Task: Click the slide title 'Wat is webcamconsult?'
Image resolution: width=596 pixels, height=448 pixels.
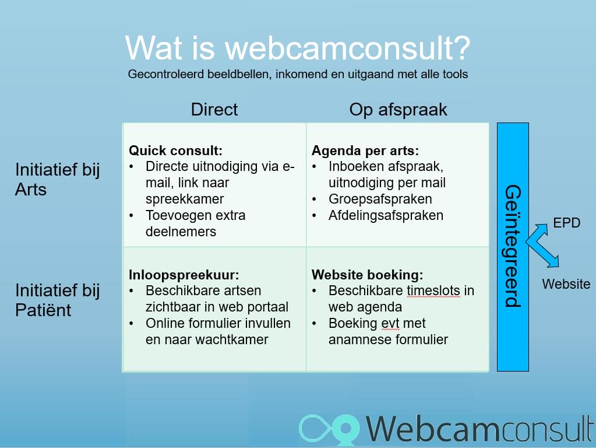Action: pos(298,48)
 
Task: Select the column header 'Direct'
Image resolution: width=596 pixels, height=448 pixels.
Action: pos(214,110)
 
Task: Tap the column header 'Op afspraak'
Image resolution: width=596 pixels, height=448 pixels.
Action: pos(398,110)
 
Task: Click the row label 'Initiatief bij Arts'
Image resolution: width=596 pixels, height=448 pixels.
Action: pos(58,179)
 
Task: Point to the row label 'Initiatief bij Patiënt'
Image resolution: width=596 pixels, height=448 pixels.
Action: pos(58,300)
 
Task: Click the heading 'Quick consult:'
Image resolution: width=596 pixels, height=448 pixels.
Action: pos(175,150)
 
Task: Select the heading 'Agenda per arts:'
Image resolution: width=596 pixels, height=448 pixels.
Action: pos(365,150)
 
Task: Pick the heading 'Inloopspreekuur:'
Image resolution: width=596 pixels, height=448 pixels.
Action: pos(184,275)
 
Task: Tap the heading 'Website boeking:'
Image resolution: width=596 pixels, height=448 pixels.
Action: pos(367,275)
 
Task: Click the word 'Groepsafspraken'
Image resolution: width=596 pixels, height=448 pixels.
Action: pos(380,199)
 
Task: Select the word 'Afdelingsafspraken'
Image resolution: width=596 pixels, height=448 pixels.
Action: pos(386,215)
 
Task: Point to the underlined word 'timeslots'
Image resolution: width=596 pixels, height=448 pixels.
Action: pos(433,291)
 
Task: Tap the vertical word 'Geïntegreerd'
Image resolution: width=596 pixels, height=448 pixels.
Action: pos(513,246)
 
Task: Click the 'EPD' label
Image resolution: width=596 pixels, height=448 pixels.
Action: pos(566,223)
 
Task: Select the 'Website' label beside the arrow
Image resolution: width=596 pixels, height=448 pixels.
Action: pos(566,284)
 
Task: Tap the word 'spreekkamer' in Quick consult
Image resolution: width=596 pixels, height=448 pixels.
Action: pos(185,199)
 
